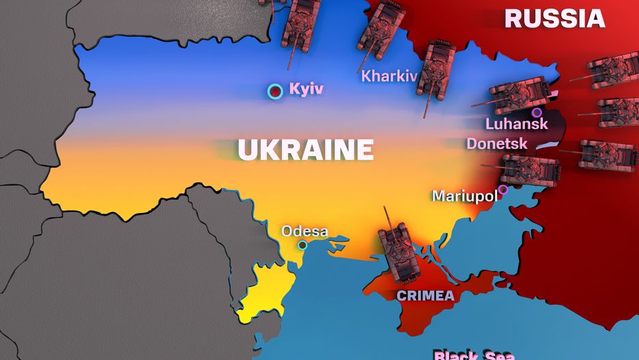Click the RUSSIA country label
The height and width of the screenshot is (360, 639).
(554, 18)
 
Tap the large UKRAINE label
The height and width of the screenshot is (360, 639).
(305, 148)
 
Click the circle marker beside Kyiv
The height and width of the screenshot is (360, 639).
(275, 91)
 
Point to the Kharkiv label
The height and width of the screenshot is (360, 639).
(388, 75)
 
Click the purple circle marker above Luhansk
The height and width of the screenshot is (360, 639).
(537, 112)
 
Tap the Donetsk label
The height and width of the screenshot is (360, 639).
(496, 143)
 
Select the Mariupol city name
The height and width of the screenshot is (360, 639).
(464, 196)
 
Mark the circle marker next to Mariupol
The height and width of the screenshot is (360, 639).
(503, 190)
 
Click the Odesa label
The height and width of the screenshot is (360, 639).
(304, 231)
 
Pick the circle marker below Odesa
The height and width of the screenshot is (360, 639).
(302, 245)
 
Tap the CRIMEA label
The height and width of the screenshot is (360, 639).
(425, 296)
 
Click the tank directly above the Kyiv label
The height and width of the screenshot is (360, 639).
(300, 25)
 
